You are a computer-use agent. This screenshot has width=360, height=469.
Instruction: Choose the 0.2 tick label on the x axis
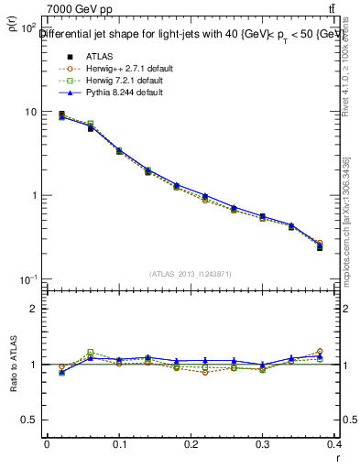click(x=191, y=444)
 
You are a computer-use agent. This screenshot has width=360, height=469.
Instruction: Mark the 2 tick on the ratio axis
click(x=34, y=309)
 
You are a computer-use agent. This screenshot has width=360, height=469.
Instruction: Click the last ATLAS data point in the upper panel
click(x=320, y=247)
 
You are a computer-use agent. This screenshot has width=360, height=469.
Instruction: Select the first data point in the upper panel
click(x=61, y=115)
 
